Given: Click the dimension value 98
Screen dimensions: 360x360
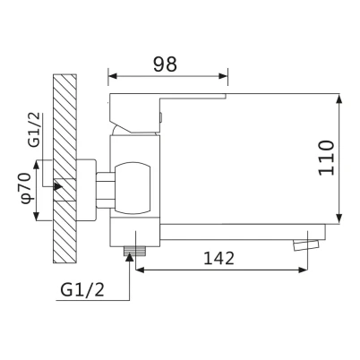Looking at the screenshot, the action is pyautogui.click(x=165, y=64).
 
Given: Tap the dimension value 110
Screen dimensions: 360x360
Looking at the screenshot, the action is pyautogui.click(x=326, y=158).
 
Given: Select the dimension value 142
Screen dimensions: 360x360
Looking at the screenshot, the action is pyautogui.click(x=219, y=258).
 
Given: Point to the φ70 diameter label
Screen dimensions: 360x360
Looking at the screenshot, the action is pyautogui.click(x=26, y=188).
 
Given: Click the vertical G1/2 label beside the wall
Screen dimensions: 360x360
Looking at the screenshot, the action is pyautogui.click(x=34, y=130).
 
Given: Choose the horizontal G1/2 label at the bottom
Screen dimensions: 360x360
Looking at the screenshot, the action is pyautogui.click(x=82, y=289).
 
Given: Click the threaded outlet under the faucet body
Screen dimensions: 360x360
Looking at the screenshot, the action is pyautogui.click(x=134, y=251).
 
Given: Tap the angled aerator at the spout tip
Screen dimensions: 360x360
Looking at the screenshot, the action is pyautogui.click(x=306, y=244).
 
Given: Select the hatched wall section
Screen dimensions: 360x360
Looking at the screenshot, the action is pyautogui.click(x=64, y=168).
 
